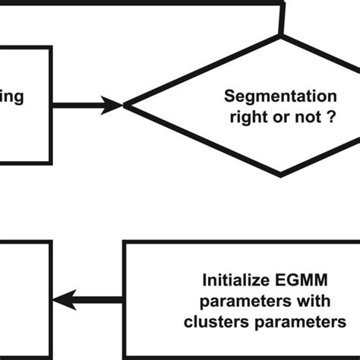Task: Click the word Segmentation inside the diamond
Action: click(x=280, y=97)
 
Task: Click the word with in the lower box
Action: click(x=318, y=299)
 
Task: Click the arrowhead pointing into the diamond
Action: click(x=114, y=106)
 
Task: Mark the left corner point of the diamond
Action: click(x=125, y=106)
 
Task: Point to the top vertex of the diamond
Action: click(x=282, y=36)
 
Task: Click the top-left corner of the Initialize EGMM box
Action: click(x=124, y=243)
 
